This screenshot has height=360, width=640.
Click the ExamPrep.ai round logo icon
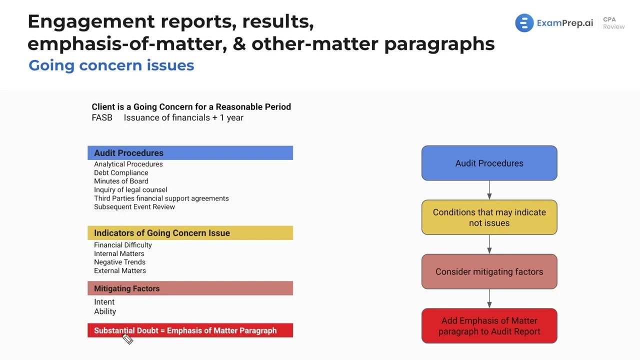point(524,23)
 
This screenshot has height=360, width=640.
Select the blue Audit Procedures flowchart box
point(489,163)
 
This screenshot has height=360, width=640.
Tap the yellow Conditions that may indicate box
point(489,217)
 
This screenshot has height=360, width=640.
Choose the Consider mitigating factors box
point(489,271)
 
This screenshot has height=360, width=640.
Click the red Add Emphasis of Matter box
point(489,326)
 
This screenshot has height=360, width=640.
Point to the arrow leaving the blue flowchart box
point(489,190)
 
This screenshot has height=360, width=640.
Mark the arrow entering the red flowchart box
point(489,299)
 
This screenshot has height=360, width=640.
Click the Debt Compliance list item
point(121,172)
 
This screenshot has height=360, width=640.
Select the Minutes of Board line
point(121,181)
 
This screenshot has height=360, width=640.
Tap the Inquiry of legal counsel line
point(130,189)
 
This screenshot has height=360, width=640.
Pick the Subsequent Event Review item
point(134,206)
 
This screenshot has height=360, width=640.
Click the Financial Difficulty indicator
point(123,245)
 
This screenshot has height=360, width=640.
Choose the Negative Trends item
point(119,262)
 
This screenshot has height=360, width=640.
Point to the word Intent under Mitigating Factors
point(104,302)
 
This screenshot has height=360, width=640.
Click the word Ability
point(105,311)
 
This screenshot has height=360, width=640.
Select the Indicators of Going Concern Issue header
point(162,233)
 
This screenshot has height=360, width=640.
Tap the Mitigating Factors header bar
point(190,288)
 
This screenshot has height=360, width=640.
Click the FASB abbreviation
point(102,117)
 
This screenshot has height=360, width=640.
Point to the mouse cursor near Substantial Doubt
point(127,339)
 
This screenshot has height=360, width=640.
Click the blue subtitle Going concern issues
point(111,65)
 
